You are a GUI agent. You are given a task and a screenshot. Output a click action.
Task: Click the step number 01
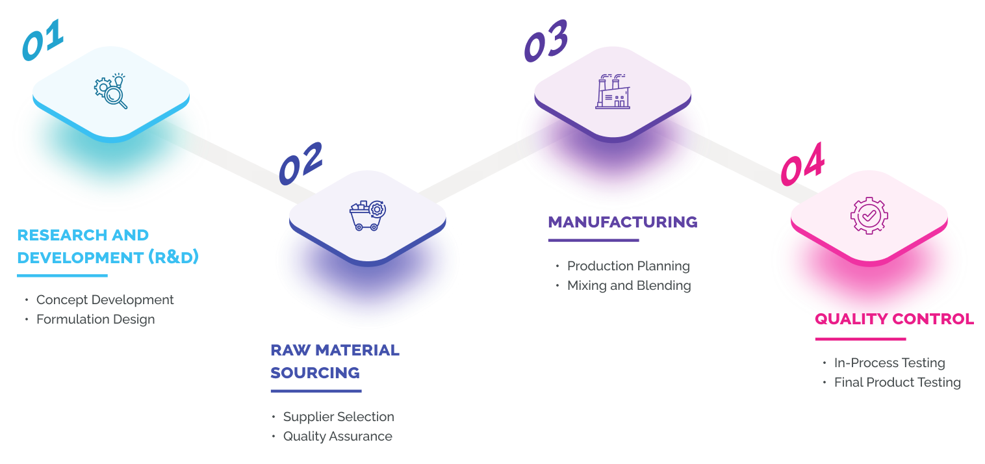(x=43, y=40)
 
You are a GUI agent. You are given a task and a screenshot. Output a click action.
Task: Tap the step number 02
(x=300, y=162)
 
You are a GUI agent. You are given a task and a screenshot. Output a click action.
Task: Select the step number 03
(x=546, y=41)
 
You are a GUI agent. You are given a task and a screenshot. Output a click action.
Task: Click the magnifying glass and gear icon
(x=110, y=91)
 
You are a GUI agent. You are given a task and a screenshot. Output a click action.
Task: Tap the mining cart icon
(x=367, y=215)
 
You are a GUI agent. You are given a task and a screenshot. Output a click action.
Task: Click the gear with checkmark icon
(x=869, y=215)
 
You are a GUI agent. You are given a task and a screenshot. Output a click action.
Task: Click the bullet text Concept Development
(x=105, y=300)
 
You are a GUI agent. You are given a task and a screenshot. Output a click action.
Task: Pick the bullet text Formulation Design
(x=96, y=319)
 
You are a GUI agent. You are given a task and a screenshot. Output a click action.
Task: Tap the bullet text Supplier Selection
(x=339, y=417)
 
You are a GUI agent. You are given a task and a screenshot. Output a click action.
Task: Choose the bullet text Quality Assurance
(x=337, y=436)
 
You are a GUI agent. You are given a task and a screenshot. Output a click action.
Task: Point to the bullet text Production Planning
(x=628, y=266)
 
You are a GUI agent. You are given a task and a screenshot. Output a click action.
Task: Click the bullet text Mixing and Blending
(x=629, y=285)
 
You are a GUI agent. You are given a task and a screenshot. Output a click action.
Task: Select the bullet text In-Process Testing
(x=889, y=363)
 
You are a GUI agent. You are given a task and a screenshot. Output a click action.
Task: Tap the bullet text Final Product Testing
(x=897, y=382)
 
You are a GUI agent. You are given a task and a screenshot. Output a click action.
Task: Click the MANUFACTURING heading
(x=622, y=222)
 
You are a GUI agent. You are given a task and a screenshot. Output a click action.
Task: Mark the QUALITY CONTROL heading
(x=894, y=319)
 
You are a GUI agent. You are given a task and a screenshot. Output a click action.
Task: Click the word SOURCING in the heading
(x=315, y=373)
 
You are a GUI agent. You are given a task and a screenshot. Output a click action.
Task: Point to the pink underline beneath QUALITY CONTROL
(x=860, y=339)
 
